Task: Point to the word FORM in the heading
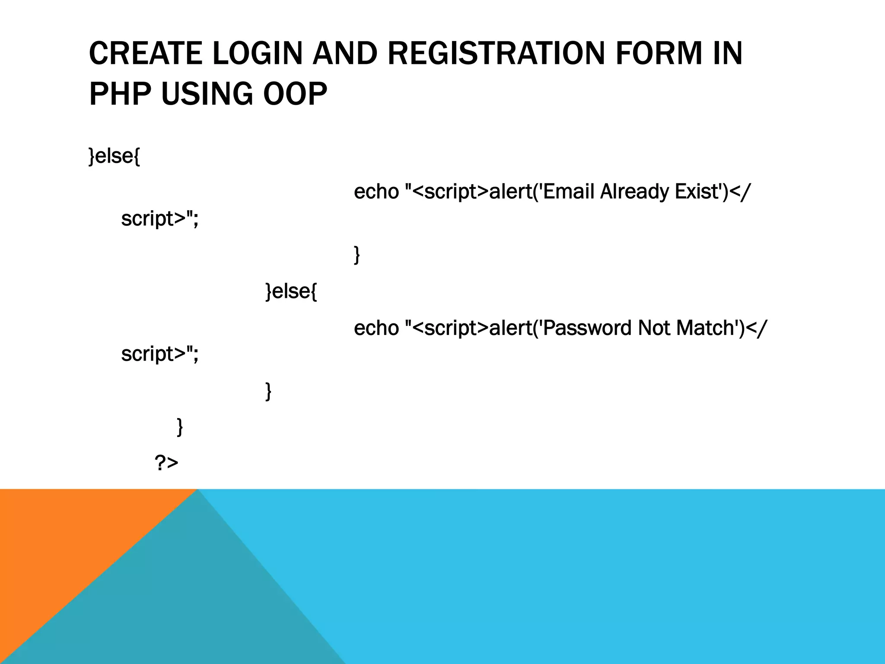click(659, 53)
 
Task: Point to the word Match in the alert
click(706, 328)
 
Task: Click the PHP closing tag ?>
click(166, 463)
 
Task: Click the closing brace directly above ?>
click(180, 427)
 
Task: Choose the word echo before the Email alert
click(376, 192)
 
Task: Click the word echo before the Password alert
click(376, 328)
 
